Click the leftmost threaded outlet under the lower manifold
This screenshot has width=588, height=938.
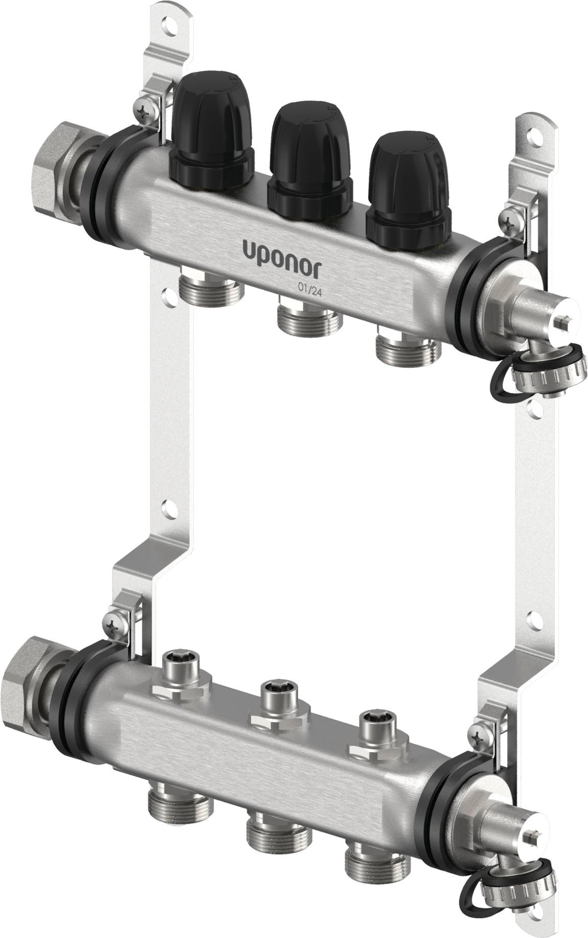(180, 787)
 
